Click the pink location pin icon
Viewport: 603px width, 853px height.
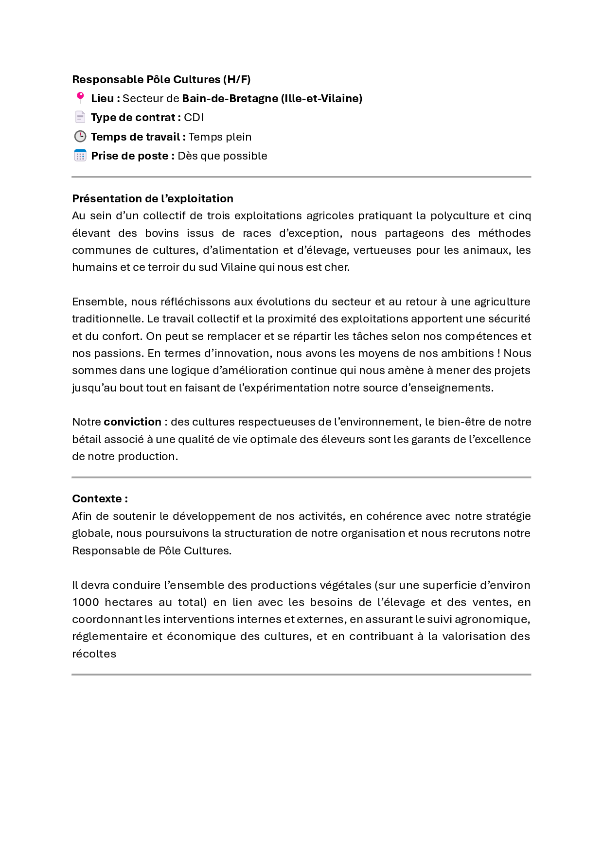pos(80,98)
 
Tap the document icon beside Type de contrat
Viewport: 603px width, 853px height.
pos(80,117)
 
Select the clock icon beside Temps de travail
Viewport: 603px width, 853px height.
pos(80,137)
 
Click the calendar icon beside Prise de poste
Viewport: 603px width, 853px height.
pos(80,156)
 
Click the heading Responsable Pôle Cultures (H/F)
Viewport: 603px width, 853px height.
pos(161,79)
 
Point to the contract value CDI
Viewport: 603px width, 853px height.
pos(194,118)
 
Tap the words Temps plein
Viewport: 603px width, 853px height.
pos(220,137)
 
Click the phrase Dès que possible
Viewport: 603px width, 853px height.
pos(222,156)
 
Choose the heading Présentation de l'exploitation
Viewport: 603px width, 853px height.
pos(153,198)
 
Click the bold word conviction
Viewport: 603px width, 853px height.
pos(132,422)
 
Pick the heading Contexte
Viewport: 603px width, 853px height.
pos(100,499)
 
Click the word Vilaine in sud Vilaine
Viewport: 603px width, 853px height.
pos(238,267)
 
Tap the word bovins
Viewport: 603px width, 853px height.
pos(162,233)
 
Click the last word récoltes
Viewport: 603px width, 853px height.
pos(94,654)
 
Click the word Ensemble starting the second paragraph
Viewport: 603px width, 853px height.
pos(99,302)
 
